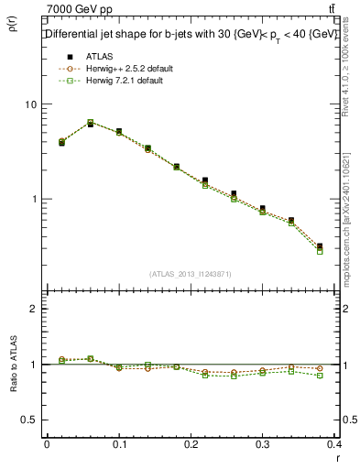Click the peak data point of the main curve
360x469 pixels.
[x=91, y=123]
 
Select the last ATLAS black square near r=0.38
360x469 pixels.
[x=320, y=245]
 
